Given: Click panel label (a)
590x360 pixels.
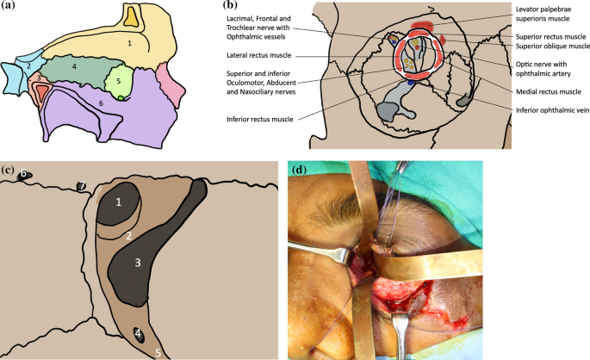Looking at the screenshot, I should click(x=10, y=9).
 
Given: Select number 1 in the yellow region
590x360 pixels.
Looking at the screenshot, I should click(x=129, y=41).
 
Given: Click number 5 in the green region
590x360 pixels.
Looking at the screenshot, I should click(x=119, y=82).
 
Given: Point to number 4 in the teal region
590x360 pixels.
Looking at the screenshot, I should click(x=74, y=67).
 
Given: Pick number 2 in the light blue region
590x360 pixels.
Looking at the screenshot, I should click(x=28, y=66).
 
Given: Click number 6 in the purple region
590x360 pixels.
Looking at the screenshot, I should click(x=101, y=103).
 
